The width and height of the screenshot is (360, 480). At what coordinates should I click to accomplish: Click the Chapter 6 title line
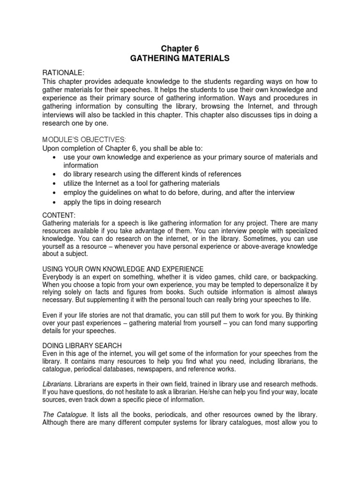180,48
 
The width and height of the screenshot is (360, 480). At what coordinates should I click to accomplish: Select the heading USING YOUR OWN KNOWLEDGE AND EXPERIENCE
123,269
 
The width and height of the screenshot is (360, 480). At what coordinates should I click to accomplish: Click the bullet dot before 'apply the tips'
55,202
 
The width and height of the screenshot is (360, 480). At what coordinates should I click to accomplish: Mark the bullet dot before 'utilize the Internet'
55,183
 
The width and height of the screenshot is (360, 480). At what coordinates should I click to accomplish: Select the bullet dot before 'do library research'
55,174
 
